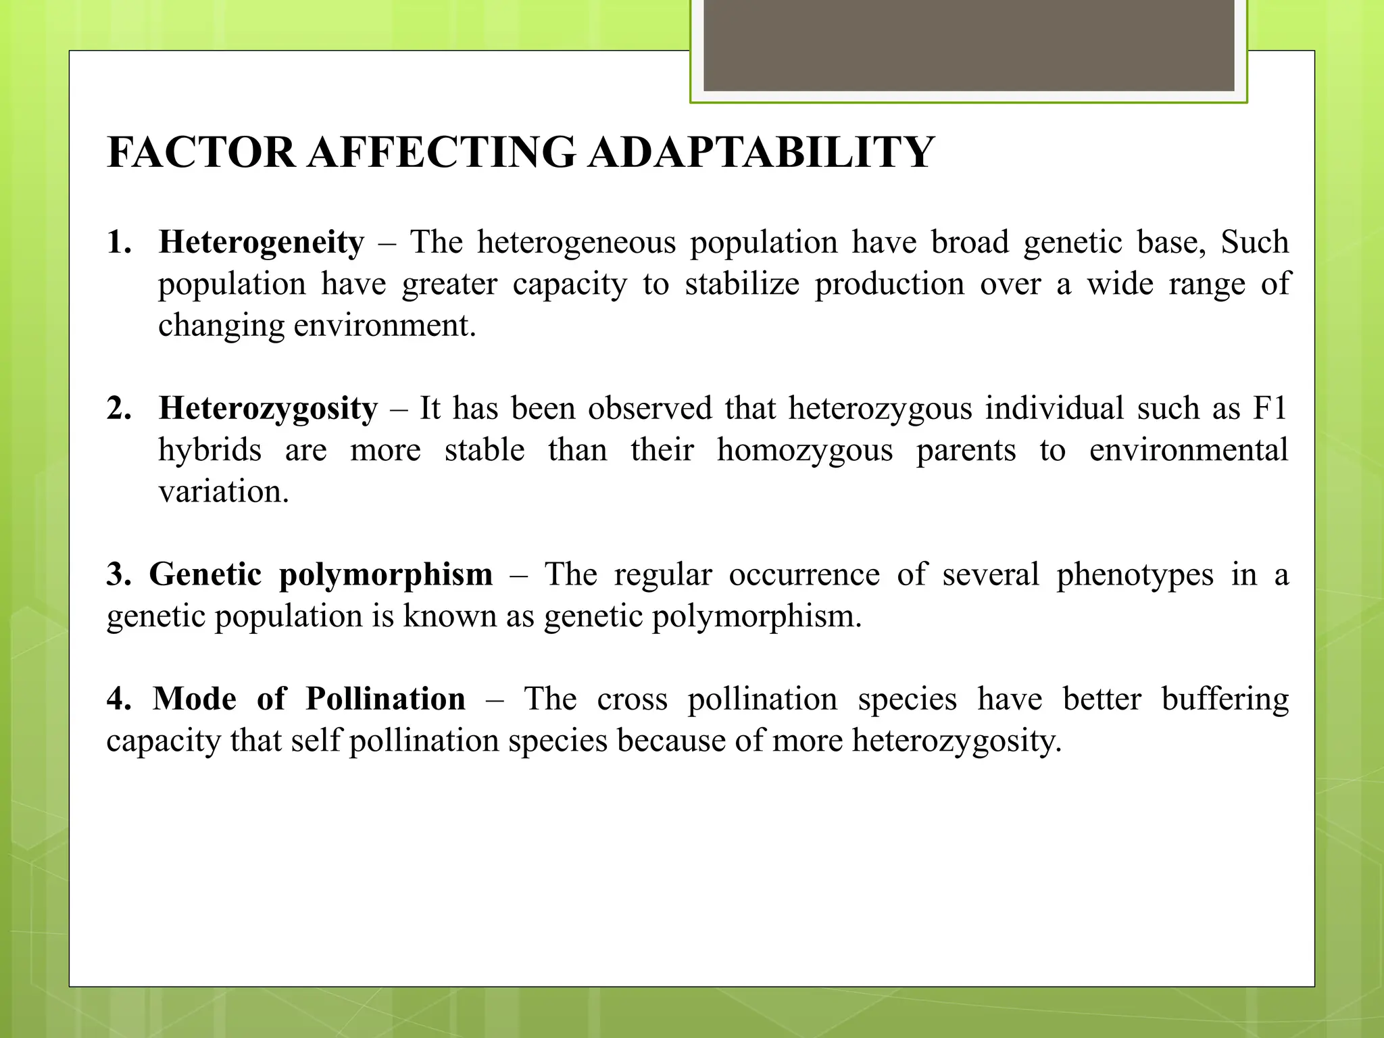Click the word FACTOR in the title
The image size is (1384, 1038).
(201, 152)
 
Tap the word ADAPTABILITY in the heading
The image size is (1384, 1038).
(761, 152)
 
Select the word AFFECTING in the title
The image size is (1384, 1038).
(442, 152)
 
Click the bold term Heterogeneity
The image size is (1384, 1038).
(262, 243)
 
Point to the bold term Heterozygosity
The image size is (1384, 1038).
(268, 409)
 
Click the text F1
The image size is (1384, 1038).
(1270, 409)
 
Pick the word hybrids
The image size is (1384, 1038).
(209, 450)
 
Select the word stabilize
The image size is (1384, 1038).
(742, 284)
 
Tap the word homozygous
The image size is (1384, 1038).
(804, 450)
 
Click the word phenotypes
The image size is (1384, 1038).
(1135, 575)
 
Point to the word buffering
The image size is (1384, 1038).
(1225, 699)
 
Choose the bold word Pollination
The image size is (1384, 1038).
(385, 699)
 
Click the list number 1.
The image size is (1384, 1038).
(119, 243)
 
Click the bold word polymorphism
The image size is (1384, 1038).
(386, 575)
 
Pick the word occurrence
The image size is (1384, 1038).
(804, 575)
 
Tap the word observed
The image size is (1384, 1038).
(649, 409)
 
